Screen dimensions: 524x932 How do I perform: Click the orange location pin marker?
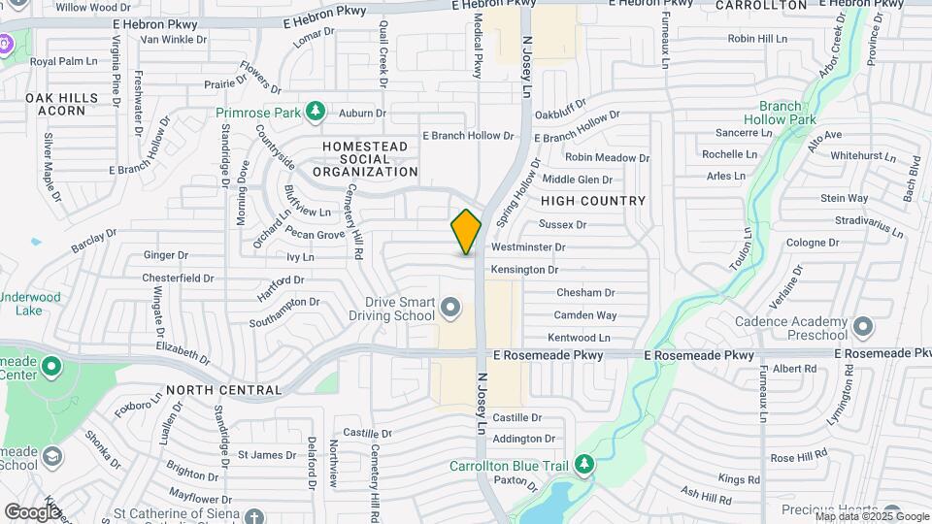point(466,231)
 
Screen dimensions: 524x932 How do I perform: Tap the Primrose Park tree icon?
point(315,113)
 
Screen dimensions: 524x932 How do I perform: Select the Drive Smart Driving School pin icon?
point(449,309)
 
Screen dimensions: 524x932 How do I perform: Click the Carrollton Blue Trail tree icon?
point(583,466)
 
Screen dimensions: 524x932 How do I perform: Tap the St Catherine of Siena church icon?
point(253,515)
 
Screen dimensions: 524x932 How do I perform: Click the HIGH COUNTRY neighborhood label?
point(593,201)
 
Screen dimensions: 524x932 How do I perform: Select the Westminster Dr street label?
point(528,247)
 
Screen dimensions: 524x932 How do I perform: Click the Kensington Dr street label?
point(524,270)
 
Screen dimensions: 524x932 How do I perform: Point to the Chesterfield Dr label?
point(178,278)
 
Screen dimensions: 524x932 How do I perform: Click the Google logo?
point(32,511)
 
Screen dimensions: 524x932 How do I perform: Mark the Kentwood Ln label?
point(579,338)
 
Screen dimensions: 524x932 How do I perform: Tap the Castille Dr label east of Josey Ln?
point(516,417)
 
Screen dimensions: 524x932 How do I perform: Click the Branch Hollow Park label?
point(787,113)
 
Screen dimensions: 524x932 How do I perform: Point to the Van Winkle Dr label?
point(174,40)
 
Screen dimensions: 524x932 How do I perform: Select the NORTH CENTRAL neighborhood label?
point(223,390)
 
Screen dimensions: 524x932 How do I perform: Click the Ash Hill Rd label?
point(706,498)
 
